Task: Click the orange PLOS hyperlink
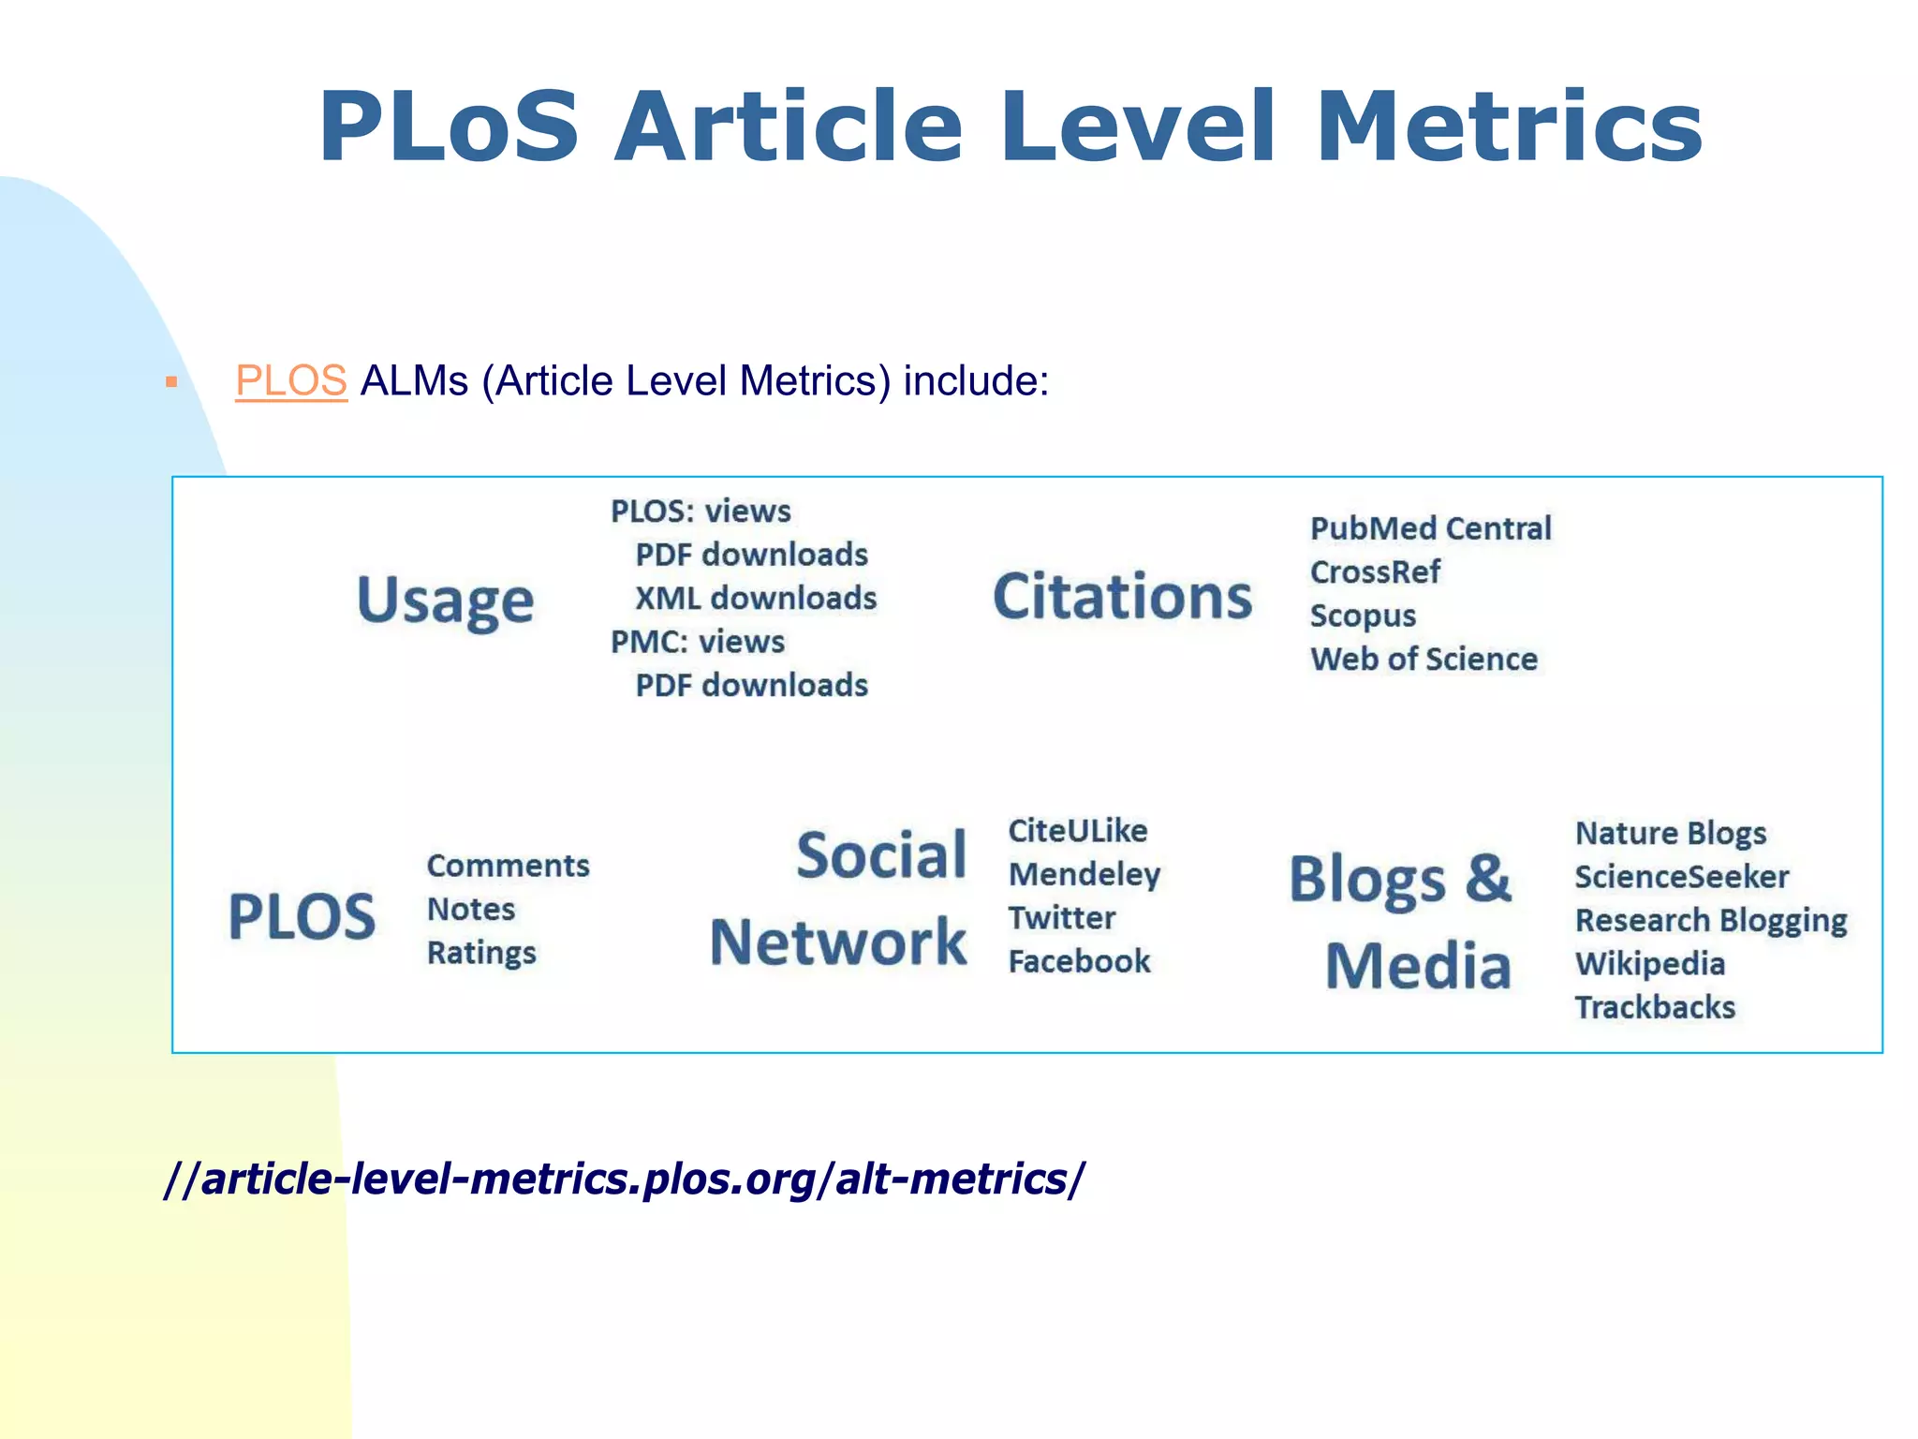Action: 290,381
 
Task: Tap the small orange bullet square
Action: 171,382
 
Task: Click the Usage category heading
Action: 445,601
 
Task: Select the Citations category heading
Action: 1122,597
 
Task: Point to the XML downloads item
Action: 755,598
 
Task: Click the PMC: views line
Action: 698,642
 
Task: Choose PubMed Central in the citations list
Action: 1430,528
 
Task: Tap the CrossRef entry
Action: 1375,571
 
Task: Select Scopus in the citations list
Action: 1363,616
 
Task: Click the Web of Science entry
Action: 1424,659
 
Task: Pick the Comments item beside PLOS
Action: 508,866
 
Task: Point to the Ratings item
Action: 481,953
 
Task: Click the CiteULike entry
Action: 1077,831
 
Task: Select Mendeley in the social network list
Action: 1084,874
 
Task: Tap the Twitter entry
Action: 1061,918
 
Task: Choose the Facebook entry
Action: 1079,961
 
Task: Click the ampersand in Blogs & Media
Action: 1488,879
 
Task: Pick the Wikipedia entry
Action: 1649,964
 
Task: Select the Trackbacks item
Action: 1655,1007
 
